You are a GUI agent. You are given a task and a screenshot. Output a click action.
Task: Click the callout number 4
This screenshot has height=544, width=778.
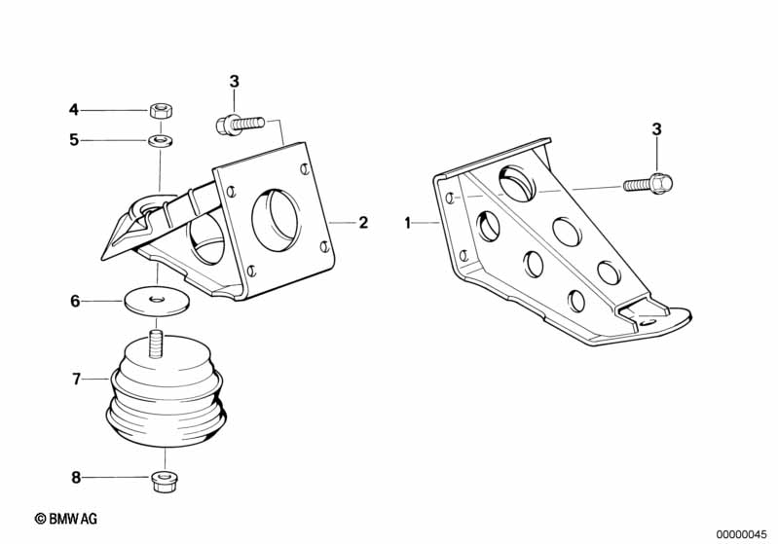[x=73, y=110]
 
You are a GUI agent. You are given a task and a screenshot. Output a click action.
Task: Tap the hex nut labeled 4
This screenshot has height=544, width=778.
[x=161, y=110]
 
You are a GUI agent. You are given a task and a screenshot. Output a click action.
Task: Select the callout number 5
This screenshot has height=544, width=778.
[x=74, y=140]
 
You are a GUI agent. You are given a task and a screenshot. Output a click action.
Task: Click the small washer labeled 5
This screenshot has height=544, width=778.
[x=160, y=140]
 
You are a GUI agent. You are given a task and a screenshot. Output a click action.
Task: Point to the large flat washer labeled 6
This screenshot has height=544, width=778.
[x=157, y=301]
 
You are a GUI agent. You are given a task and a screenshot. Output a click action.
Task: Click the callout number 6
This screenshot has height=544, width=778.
[x=75, y=301]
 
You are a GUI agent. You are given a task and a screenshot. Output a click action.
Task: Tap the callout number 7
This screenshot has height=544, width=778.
[x=76, y=380]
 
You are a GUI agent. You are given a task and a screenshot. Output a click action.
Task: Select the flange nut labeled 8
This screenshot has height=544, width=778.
[x=165, y=480]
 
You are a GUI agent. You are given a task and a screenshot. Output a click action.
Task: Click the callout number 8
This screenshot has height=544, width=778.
[x=76, y=478]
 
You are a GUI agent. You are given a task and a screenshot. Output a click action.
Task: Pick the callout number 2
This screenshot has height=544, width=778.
[x=364, y=223]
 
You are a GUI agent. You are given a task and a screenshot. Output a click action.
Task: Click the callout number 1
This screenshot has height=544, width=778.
[x=407, y=223]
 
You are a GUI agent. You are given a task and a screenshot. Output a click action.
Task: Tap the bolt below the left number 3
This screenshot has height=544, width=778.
[x=241, y=124]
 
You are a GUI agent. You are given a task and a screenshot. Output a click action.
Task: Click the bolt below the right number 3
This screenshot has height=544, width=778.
[x=648, y=184]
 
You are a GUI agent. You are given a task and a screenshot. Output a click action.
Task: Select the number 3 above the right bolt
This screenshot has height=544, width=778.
[x=656, y=129]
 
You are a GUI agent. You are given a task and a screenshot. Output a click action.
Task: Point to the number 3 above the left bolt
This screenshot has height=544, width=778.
[x=235, y=82]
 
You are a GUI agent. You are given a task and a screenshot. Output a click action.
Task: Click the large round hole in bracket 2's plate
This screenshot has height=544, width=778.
[x=277, y=218]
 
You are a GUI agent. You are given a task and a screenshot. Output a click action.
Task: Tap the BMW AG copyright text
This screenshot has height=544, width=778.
[x=66, y=519]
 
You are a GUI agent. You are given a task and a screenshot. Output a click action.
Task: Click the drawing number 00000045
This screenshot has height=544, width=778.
[x=741, y=534]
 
